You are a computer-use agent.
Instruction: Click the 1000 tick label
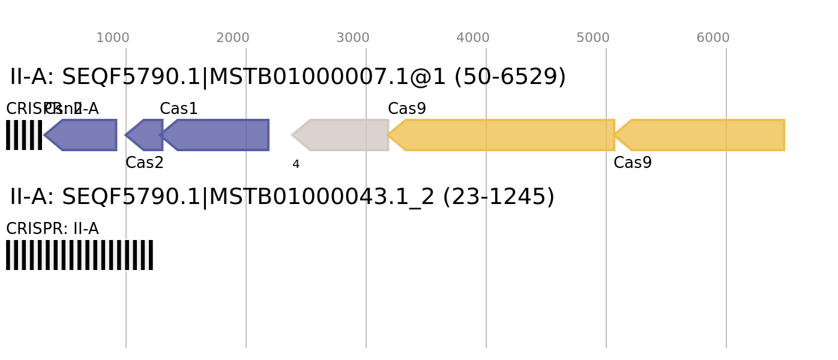pyautogui.click(x=112, y=38)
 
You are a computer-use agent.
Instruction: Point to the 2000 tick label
pyautogui.click(x=232, y=38)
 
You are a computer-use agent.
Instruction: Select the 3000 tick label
pyautogui.click(x=352, y=38)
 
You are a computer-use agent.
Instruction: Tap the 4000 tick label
pyautogui.click(x=472, y=38)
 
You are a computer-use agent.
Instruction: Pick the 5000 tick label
pyautogui.click(x=592, y=38)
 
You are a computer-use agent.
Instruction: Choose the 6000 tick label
pyautogui.click(x=713, y=38)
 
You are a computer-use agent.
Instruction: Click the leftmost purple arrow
pyautogui.click(x=84, y=135)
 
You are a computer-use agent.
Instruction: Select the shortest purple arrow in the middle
pyautogui.click(x=145, y=135)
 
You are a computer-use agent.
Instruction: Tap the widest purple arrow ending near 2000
pyautogui.click(x=219, y=135)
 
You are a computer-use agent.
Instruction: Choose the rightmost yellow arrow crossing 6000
pyautogui.click(x=702, y=135)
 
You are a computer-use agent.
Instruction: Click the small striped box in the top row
pyautogui.click(x=24, y=135)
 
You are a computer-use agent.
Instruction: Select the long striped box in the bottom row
pyautogui.click(x=79, y=255)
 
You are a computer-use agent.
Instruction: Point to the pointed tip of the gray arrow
pyautogui.click(x=292, y=135)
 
